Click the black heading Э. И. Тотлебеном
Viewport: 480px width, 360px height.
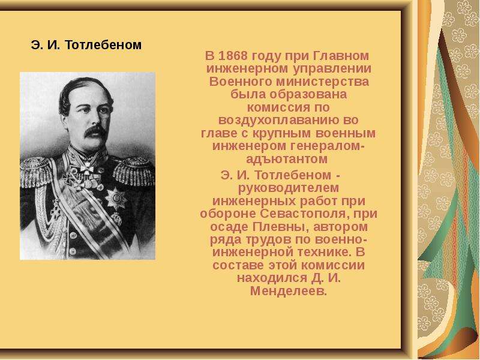(x=86, y=45)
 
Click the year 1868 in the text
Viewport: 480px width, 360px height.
(x=233, y=56)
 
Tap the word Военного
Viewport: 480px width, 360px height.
(x=241, y=82)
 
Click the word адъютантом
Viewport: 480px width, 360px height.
(x=287, y=159)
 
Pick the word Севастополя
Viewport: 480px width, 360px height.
(x=306, y=214)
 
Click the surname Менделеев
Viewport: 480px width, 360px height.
(x=289, y=291)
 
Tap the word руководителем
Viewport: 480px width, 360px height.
(x=289, y=188)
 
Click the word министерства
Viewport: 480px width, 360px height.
(x=322, y=82)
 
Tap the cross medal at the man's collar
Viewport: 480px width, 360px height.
(x=88, y=168)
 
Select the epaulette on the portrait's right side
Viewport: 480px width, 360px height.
(x=134, y=172)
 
